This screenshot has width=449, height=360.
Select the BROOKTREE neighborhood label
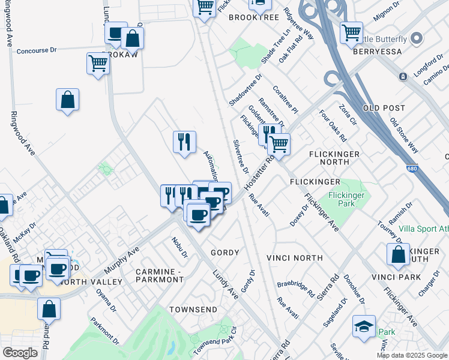[254, 17]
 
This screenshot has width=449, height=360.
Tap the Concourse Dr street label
[37, 51]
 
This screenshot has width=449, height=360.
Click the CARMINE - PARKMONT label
[159, 275]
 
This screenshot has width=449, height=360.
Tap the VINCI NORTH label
[300, 258]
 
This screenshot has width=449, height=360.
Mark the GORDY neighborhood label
[224, 253]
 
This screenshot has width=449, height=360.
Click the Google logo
[20, 353]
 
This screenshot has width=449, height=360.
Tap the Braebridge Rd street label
[295, 290]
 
